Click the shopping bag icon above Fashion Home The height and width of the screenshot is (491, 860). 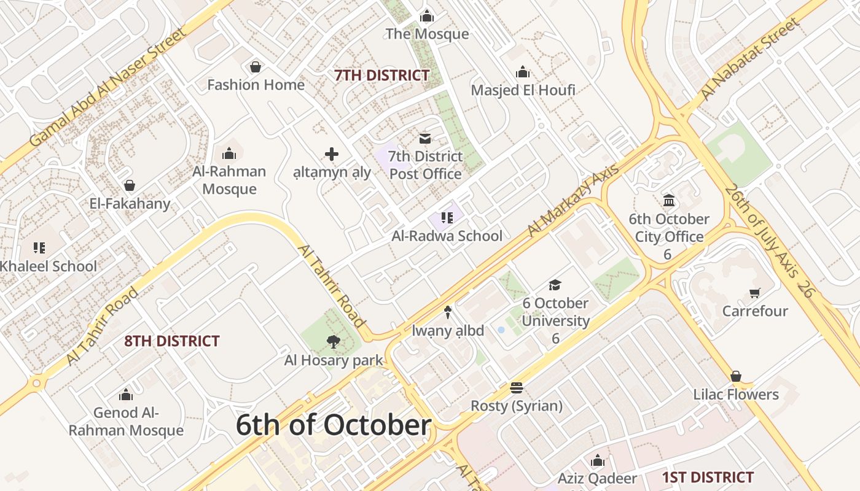(256, 67)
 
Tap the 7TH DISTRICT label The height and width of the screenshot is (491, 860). (382, 75)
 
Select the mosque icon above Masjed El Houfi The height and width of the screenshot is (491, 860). (523, 72)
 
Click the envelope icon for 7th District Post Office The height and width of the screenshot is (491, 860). (425, 139)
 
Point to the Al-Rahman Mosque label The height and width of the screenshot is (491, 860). (229, 180)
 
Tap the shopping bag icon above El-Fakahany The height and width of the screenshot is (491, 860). (130, 185)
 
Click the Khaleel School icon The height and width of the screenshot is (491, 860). (39, 248)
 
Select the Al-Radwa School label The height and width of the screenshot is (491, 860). (447, 236)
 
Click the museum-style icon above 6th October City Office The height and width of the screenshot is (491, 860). (669, 201)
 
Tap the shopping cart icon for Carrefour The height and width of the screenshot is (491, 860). (754, 293)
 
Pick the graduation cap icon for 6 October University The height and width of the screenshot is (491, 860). (555, 285)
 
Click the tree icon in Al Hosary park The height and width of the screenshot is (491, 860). (334, 342)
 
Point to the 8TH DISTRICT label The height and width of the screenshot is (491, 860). (172, 341)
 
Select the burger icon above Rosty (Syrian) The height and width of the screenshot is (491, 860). (516, 388)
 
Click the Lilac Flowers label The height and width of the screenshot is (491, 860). (736, 394)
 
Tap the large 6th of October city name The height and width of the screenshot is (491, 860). (333, 425)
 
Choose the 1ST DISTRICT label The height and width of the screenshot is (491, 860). (708, 477)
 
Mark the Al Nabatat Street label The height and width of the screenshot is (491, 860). (751, 60)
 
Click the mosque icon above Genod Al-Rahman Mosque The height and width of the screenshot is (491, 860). (126, 394)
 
